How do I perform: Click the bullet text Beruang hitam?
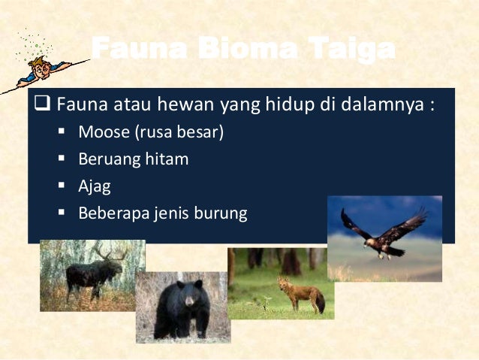133,159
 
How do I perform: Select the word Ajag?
94,186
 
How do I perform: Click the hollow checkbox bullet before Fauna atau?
44,104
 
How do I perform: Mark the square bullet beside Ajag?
62,186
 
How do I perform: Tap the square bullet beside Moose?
62,132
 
